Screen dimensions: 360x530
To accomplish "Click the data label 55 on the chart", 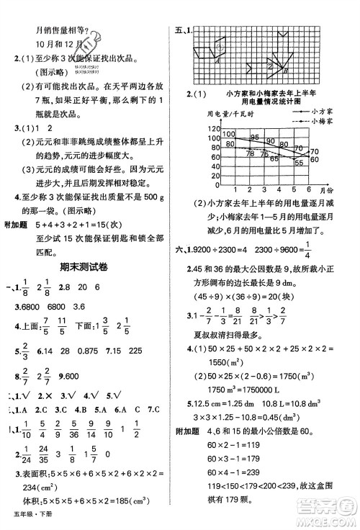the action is tap(299, 163).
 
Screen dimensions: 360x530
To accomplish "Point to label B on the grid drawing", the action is tap(286, 72).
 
